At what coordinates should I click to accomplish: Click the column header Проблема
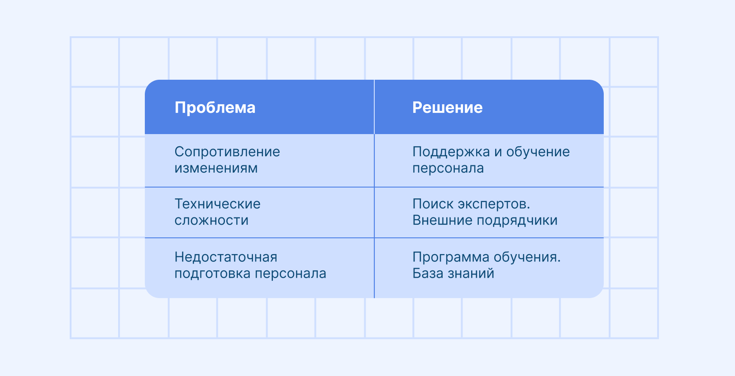[215, 108]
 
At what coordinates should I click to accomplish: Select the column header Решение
[447, 108]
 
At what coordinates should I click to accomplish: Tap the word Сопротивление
[227, 152]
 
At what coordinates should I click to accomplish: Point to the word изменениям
[216, 168]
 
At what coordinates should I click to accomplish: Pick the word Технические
[217, 204]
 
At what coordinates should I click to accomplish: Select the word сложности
[211, 220]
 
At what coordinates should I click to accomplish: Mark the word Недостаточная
[226, 257]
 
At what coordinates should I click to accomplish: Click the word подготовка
[213, 274]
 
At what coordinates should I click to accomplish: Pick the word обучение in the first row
[538, 152]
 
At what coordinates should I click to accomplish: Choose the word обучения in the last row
[527, 257]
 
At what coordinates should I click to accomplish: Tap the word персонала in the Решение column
[448, 168]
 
